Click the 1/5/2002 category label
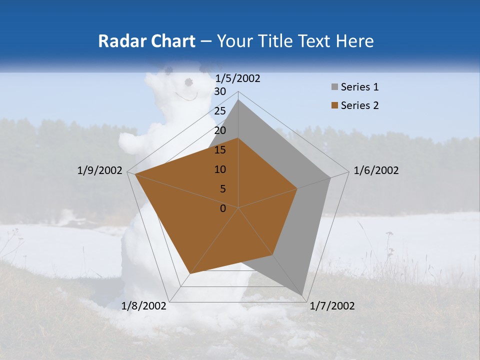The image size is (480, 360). [x=238, y=78]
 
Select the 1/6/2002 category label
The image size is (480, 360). [x=376, y=170]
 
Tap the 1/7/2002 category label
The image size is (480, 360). [x=331, y=306]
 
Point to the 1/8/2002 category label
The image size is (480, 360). [x=144, y=306]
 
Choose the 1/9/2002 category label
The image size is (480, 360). [x=100, y=170]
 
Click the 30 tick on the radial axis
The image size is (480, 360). [x=220, y=91]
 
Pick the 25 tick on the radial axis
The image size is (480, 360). [x=220, y=111]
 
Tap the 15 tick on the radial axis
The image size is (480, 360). [x=220, y=150]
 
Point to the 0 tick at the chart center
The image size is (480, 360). [x=223, y=208]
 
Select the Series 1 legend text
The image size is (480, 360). [x=359, y=87]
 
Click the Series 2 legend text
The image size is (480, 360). [x=359, y=105]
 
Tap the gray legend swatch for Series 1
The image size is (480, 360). [x=334, y=87]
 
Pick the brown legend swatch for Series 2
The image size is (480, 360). [x=334, y=105]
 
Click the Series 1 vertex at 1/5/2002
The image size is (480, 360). [x=238, y=100]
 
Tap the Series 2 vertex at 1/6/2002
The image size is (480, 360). [x=297, y=188]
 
